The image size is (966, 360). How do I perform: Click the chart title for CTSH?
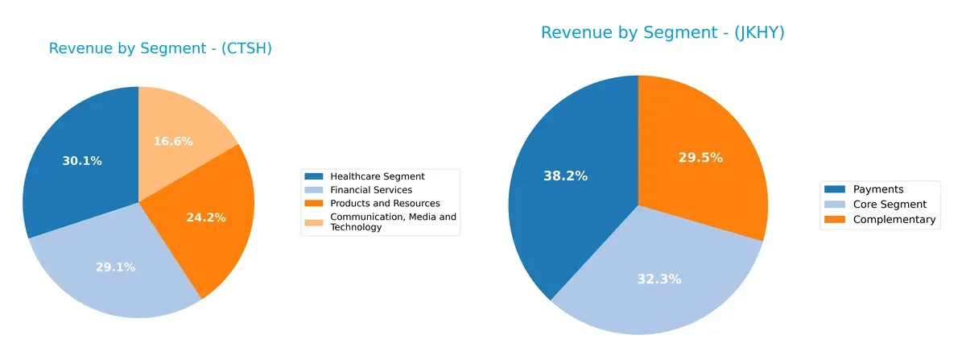tap(160, 49)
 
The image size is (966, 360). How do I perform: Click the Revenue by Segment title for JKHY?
tap(662, 33)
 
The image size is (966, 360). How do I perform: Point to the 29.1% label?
tap(114, 267)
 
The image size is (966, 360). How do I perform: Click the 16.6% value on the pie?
tap(173, 142)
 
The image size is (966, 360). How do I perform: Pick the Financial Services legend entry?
tap(370, 190)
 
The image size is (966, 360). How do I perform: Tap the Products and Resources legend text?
tap(385, 204)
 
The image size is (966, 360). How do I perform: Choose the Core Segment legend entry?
tap(890, 205)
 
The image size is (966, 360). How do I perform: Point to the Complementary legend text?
tap(894, 220)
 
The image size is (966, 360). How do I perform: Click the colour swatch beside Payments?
tap(836, 189)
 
